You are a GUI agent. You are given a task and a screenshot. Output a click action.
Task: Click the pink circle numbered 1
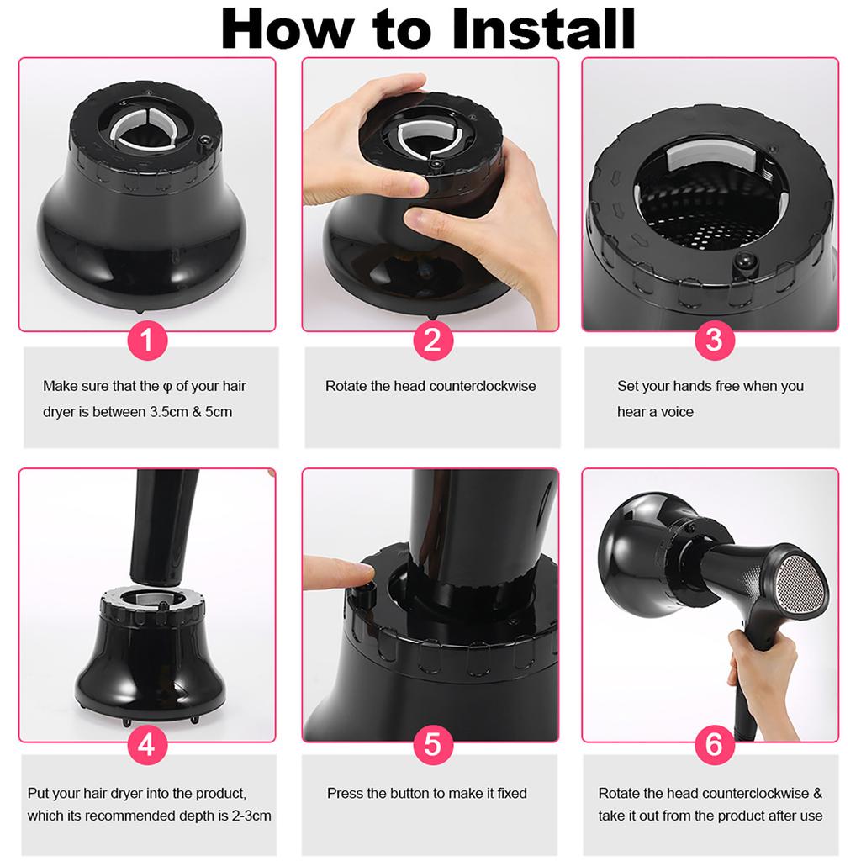(147, 341)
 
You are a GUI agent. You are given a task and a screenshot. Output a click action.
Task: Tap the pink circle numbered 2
(433, 341)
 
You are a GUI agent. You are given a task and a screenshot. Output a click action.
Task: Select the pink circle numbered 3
(714, 341)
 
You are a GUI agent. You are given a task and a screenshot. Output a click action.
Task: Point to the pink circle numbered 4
(147, 745)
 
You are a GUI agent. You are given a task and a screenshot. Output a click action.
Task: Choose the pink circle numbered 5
(433, 745)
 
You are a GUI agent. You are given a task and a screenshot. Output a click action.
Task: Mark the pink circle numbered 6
(714, 745)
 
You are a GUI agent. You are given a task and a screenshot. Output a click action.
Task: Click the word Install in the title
(544, 29)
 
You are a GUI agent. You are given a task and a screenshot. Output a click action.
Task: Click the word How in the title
(288, 29)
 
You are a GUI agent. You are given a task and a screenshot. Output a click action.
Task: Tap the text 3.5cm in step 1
(169, 412)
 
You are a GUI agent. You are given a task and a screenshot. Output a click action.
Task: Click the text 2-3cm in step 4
(251, 816)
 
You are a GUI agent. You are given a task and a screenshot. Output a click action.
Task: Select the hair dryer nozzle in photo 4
(164, 527)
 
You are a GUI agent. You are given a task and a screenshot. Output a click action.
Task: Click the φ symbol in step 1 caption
(167, 387)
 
